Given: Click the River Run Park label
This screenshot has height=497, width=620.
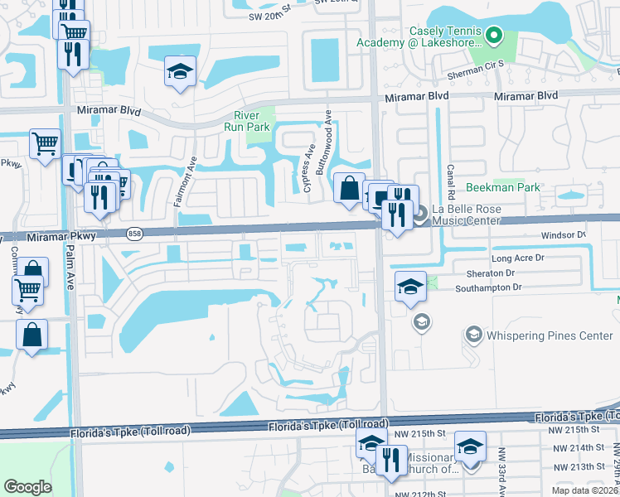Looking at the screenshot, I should coord(247,121).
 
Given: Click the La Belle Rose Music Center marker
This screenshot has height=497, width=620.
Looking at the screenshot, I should coord(419,214).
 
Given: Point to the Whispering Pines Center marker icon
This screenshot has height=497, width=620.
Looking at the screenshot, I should coord(474,335).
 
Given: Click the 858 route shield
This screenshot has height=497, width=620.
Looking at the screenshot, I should coord(133,235).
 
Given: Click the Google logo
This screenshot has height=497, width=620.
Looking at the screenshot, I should coord(27,486).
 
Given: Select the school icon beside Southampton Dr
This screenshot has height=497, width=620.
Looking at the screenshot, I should coord(409,287).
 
